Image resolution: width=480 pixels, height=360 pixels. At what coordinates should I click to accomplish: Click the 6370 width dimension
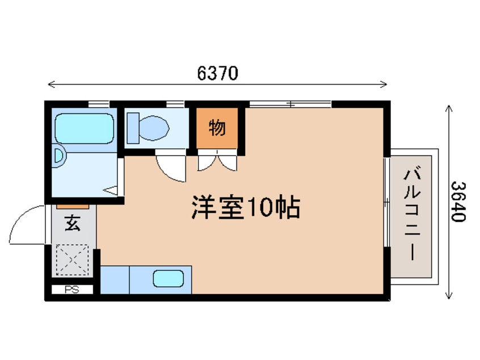tap(218, 73)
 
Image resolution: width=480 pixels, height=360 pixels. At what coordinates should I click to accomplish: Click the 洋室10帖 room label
tap(245, 208)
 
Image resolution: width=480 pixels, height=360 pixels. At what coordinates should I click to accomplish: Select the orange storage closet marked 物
tap(217, 128)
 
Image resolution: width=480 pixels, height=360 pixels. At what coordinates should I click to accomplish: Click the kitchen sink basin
tap(169, 278)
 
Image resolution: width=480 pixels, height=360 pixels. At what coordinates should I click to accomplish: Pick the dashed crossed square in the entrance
tap(71, 261)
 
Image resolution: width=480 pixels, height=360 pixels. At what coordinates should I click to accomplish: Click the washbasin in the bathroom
tap(58, 156)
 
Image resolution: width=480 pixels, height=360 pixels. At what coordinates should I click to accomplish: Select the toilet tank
tap(133, 127)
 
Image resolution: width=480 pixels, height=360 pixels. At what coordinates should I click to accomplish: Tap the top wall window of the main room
tap(290, 103)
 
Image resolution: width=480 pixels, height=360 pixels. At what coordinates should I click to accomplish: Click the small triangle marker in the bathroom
tap(112, 190)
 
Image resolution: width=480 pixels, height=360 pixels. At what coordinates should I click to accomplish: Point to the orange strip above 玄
tap(72, 206)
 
